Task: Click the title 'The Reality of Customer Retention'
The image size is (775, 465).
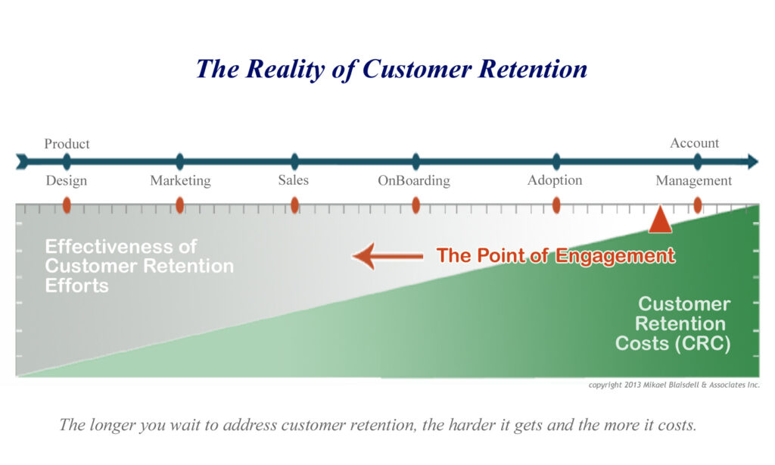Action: (x=391, y=69)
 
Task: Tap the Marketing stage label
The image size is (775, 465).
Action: (x=180, y=180)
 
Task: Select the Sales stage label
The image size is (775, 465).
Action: (x=293, y=179)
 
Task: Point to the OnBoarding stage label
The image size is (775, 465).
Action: (x=414, y=180)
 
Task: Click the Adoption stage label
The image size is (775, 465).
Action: (x=555, y=180)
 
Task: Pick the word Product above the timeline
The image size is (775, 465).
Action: (x=67, y=143)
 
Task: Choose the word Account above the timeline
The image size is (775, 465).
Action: (x=695, y=143)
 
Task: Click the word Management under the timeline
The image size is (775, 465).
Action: (x=694, y=180)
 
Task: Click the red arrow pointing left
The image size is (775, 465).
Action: (x=387, y=256)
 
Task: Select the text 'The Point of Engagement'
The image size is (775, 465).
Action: (x=556, y=256)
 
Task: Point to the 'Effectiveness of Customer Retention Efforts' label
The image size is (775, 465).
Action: (x=139, y=266)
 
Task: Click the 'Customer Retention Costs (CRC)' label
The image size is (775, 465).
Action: (x=673, y=323)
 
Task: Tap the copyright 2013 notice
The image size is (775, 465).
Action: (x=674, y=385)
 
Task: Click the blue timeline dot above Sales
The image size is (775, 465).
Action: (x=294, y=161)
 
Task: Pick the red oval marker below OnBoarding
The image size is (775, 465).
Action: (x=416, y=204)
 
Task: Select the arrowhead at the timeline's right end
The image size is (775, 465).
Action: (x=753, y=161)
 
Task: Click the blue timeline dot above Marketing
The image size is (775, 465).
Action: (x=180, y=161)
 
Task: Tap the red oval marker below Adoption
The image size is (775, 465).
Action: (x=556, y=204)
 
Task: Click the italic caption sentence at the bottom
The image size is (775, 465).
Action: (x=378, y=425)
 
